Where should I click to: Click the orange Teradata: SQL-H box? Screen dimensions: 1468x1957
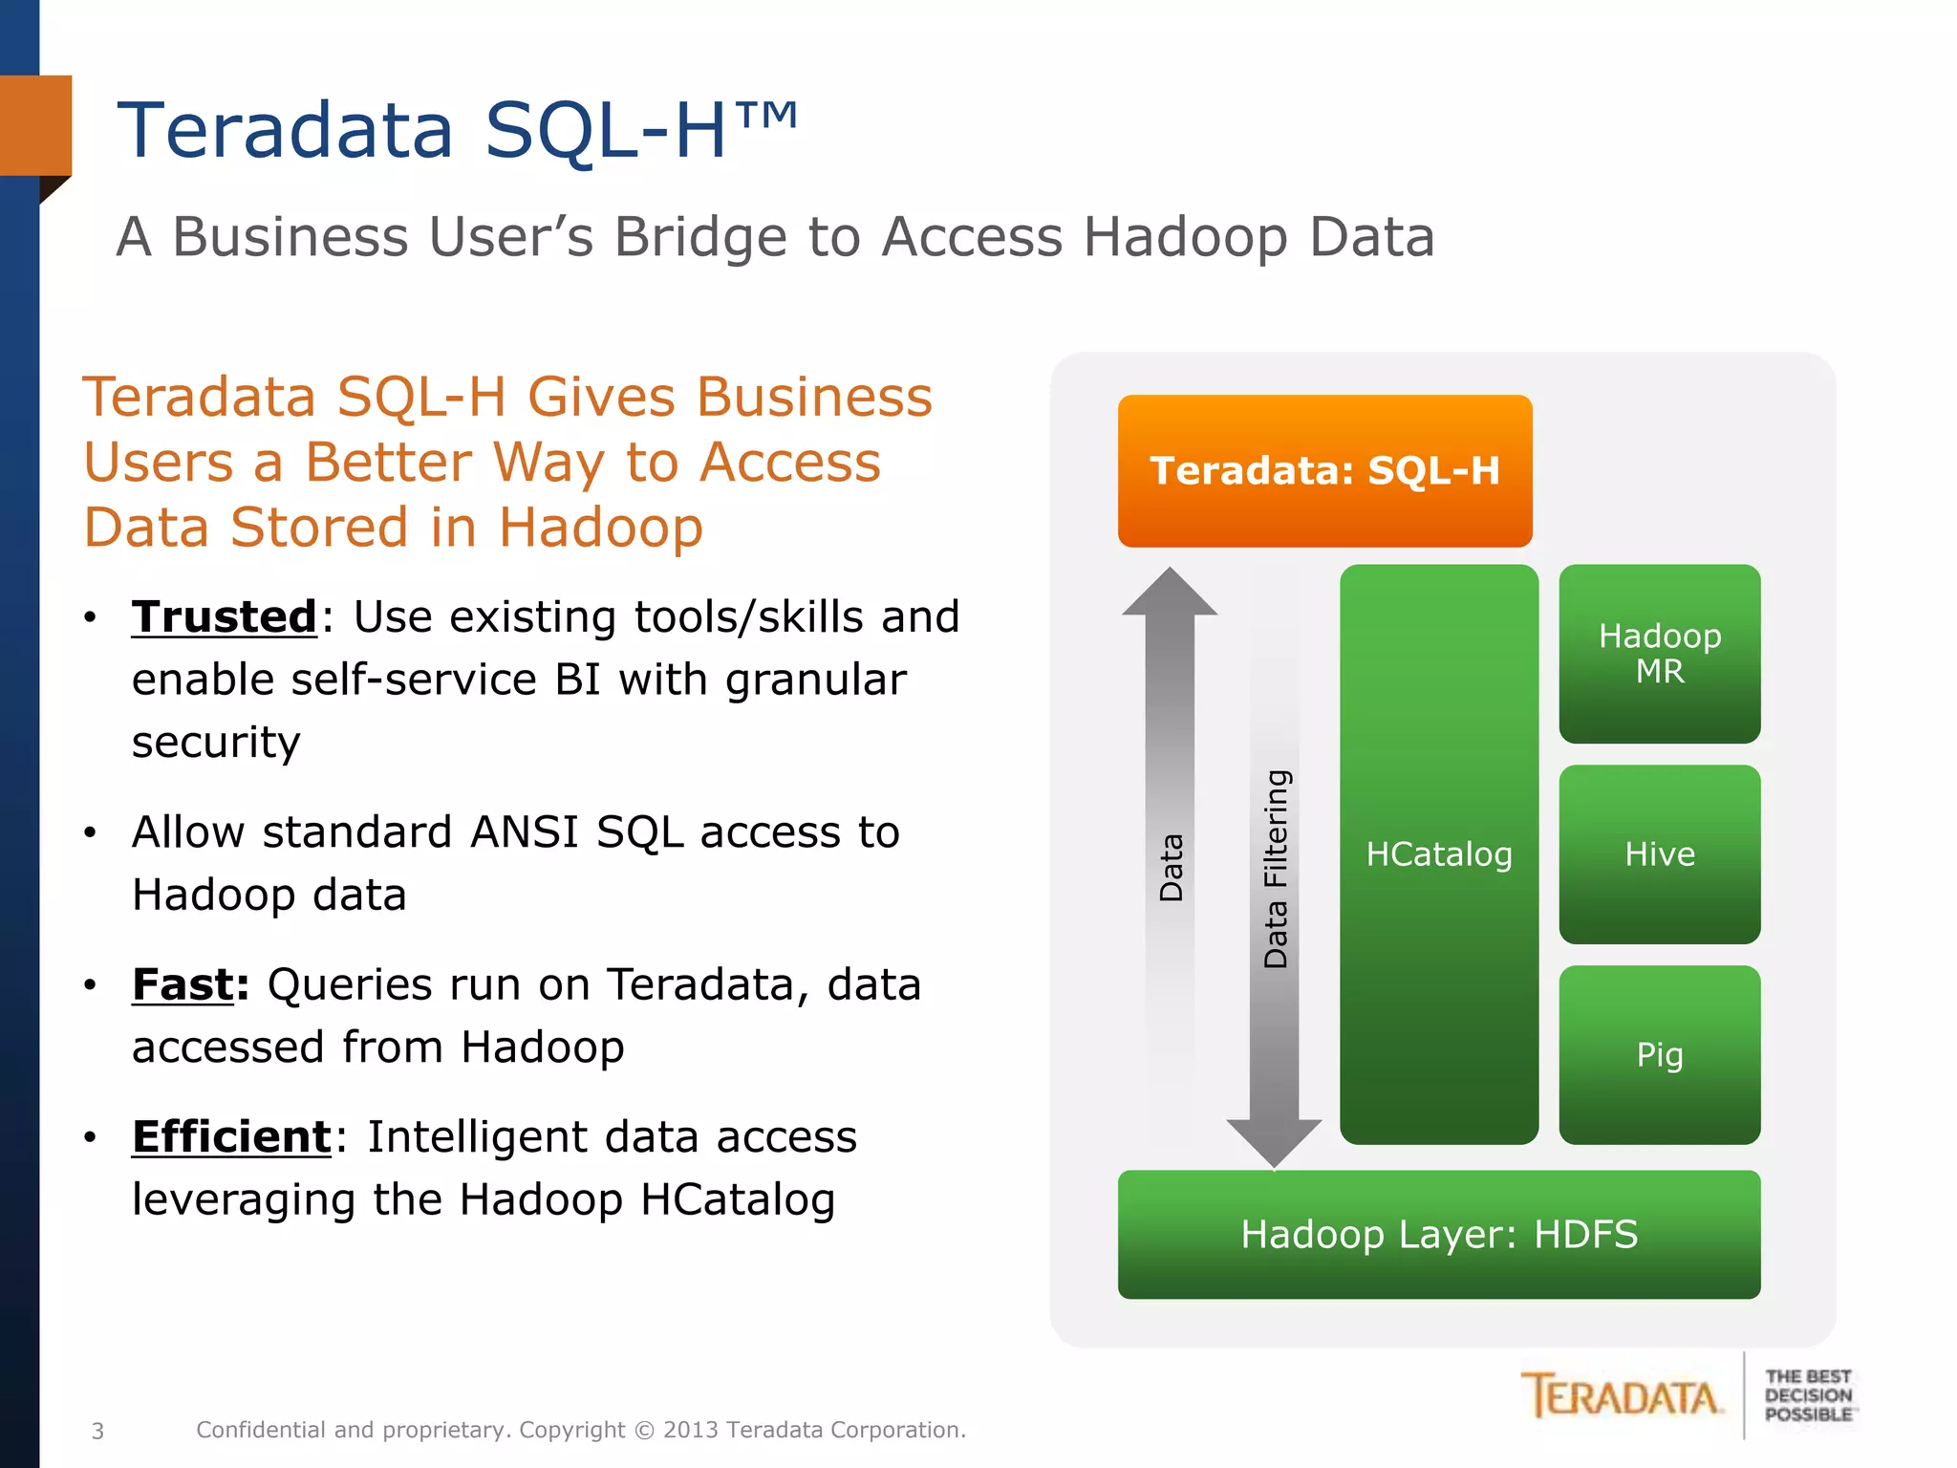[1324, 470]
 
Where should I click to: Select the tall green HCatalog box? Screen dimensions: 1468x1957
[1438, 853]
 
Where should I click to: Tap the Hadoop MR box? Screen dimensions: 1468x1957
[1659, 654]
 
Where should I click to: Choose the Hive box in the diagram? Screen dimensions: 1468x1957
[1659, 853]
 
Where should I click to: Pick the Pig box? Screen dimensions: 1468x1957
[1659, 1054]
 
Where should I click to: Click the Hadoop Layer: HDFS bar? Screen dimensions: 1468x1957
[1438, 1234]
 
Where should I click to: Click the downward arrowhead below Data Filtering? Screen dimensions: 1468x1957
[1274, 1141]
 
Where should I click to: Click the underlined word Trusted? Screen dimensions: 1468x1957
[224, 616]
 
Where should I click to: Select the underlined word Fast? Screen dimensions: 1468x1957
[183, 984]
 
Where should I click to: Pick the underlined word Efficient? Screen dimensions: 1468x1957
[231, 1136]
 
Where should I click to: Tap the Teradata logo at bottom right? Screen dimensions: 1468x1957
[1623, 1397]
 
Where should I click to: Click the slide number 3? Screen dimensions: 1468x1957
[97, 1431]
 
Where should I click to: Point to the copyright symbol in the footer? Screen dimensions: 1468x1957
[645, 1430]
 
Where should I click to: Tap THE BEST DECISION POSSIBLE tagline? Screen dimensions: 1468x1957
[1808, 1395]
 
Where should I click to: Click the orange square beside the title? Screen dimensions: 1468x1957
[35, 125]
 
